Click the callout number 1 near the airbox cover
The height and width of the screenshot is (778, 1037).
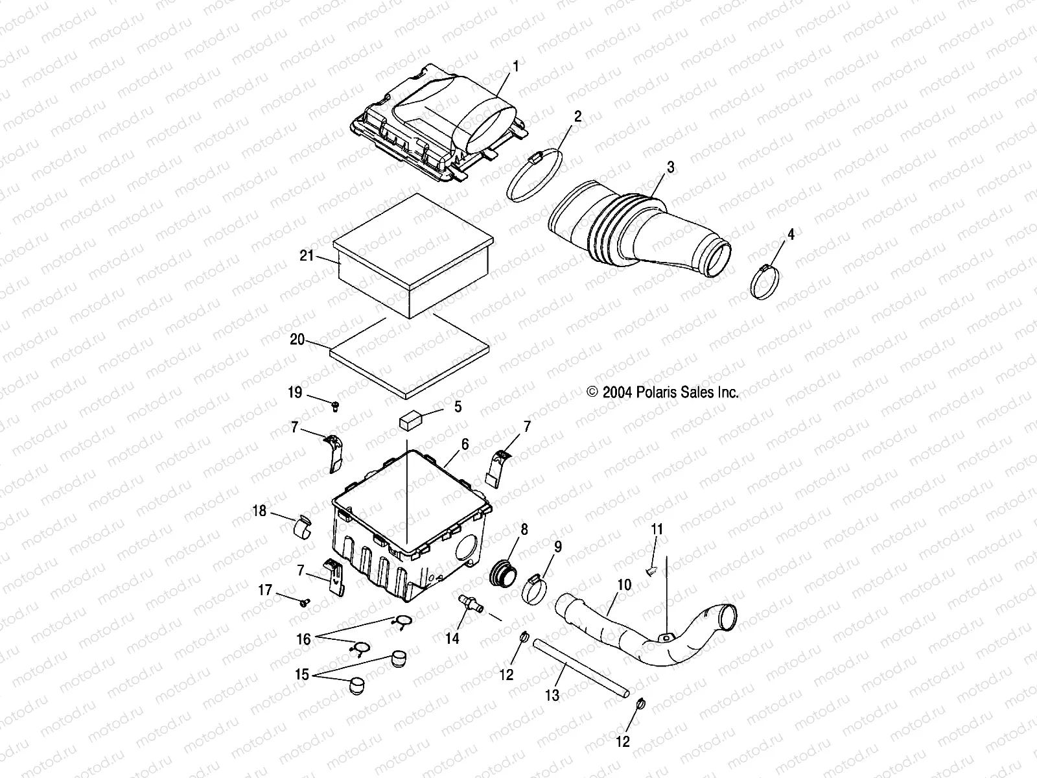click(516, 66)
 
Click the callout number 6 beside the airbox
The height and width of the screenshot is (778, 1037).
click(465, 444)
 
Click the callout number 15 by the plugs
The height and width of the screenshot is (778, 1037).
click(301, 674)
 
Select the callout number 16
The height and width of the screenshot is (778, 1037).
click(304, 639)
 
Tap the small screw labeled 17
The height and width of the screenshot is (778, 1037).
click(304, 603)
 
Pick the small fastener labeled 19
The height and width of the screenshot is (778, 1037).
click(336, 406)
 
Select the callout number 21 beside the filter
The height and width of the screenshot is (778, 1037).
click(307, 256)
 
